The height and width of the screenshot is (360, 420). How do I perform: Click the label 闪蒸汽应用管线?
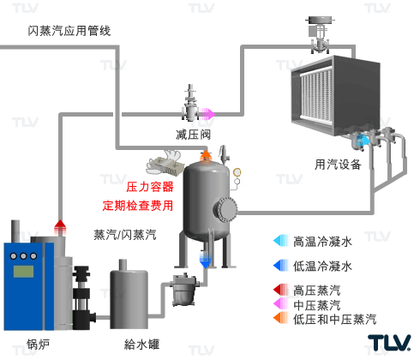pyautogui.click(x=69, y=31)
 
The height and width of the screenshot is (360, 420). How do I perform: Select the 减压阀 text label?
pyautogui.click(x=193, y=135)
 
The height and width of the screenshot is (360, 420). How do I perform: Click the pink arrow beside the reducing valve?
pyautogui.click(x=207, y=114)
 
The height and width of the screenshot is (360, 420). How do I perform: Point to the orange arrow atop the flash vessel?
pyautogui.click(x=206, y=157)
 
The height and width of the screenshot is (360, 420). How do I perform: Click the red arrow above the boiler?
pyautogui.click(x=60, y=227)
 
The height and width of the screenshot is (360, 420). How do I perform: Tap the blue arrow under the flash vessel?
pyautogui.click(x=205, y=260)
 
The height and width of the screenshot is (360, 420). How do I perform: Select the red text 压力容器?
pyautogui.click(x=150, y=187)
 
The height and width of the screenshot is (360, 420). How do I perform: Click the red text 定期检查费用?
pyautogui.click(x=138, y=206)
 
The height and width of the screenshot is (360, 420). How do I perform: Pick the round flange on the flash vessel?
pyautogui.click(x=225, y=209)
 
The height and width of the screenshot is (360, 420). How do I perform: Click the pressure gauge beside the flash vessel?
pyautogui.click(x=237, y=172)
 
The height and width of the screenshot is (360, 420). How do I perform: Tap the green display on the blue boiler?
pyautogui.click(x=23, y=271)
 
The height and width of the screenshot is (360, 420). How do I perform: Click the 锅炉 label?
pyautogui.click(x=39, y=345)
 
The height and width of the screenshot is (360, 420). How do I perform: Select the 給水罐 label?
pyautogui.click(x=141, y=345)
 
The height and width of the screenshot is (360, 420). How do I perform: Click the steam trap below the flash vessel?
pyautogui.click(x=184, y=290)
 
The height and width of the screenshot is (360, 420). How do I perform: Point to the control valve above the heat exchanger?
pyautogui.click(x=321, y=35)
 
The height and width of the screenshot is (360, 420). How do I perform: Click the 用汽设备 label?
pyautogui.click(x=338, y=165)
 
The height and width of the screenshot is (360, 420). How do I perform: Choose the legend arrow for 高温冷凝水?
pyautogui.click(x=281, y=241)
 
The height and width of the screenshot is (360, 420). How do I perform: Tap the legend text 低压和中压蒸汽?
pyautogui.click(x=335, y=319)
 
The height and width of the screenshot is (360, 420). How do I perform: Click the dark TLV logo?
pyautogui.click(x=389, y=343)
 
